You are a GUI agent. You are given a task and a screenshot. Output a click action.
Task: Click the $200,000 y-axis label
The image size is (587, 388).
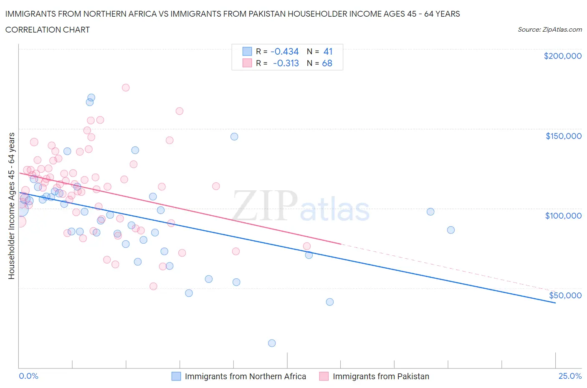(562, 56)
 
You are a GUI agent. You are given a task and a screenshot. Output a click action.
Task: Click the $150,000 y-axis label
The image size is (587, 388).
(563, 136)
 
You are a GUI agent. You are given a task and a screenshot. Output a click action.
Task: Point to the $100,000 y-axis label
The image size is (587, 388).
(563, 216)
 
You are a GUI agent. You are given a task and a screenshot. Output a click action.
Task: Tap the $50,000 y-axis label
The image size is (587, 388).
(565, 295)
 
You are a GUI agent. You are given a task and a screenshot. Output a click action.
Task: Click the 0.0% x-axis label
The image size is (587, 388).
(28, 376)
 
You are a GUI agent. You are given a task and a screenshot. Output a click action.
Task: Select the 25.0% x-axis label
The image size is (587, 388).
(570, 376)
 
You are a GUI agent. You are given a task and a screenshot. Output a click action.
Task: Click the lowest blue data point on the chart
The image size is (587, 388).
(272, 343)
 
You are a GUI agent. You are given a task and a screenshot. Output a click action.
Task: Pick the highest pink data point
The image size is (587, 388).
(126, 88)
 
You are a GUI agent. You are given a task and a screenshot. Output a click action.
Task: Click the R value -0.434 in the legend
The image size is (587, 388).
(285, 51)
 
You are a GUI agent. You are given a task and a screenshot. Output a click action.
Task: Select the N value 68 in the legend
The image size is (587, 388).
(327, 63)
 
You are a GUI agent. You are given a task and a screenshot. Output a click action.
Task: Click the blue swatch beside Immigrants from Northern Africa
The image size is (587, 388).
(176, 376)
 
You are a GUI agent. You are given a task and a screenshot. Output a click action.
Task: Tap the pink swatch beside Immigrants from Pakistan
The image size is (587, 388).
(324, 376)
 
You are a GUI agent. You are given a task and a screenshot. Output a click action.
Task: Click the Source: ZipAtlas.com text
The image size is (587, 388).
(549, 29)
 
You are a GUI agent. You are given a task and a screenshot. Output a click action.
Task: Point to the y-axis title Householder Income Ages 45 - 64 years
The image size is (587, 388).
(11, 206)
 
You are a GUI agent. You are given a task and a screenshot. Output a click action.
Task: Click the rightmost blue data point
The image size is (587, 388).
(450, 230)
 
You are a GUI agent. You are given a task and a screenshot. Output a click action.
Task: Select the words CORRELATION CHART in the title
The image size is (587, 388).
(48, 30)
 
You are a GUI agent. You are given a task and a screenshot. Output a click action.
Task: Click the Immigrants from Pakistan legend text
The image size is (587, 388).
(381, 376)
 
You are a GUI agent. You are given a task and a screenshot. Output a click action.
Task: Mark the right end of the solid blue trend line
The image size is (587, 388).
(555, 303)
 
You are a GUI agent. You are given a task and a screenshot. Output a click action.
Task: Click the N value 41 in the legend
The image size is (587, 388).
(328, 51)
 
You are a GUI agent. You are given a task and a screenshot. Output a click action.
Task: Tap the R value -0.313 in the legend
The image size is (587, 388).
(286, 63)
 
